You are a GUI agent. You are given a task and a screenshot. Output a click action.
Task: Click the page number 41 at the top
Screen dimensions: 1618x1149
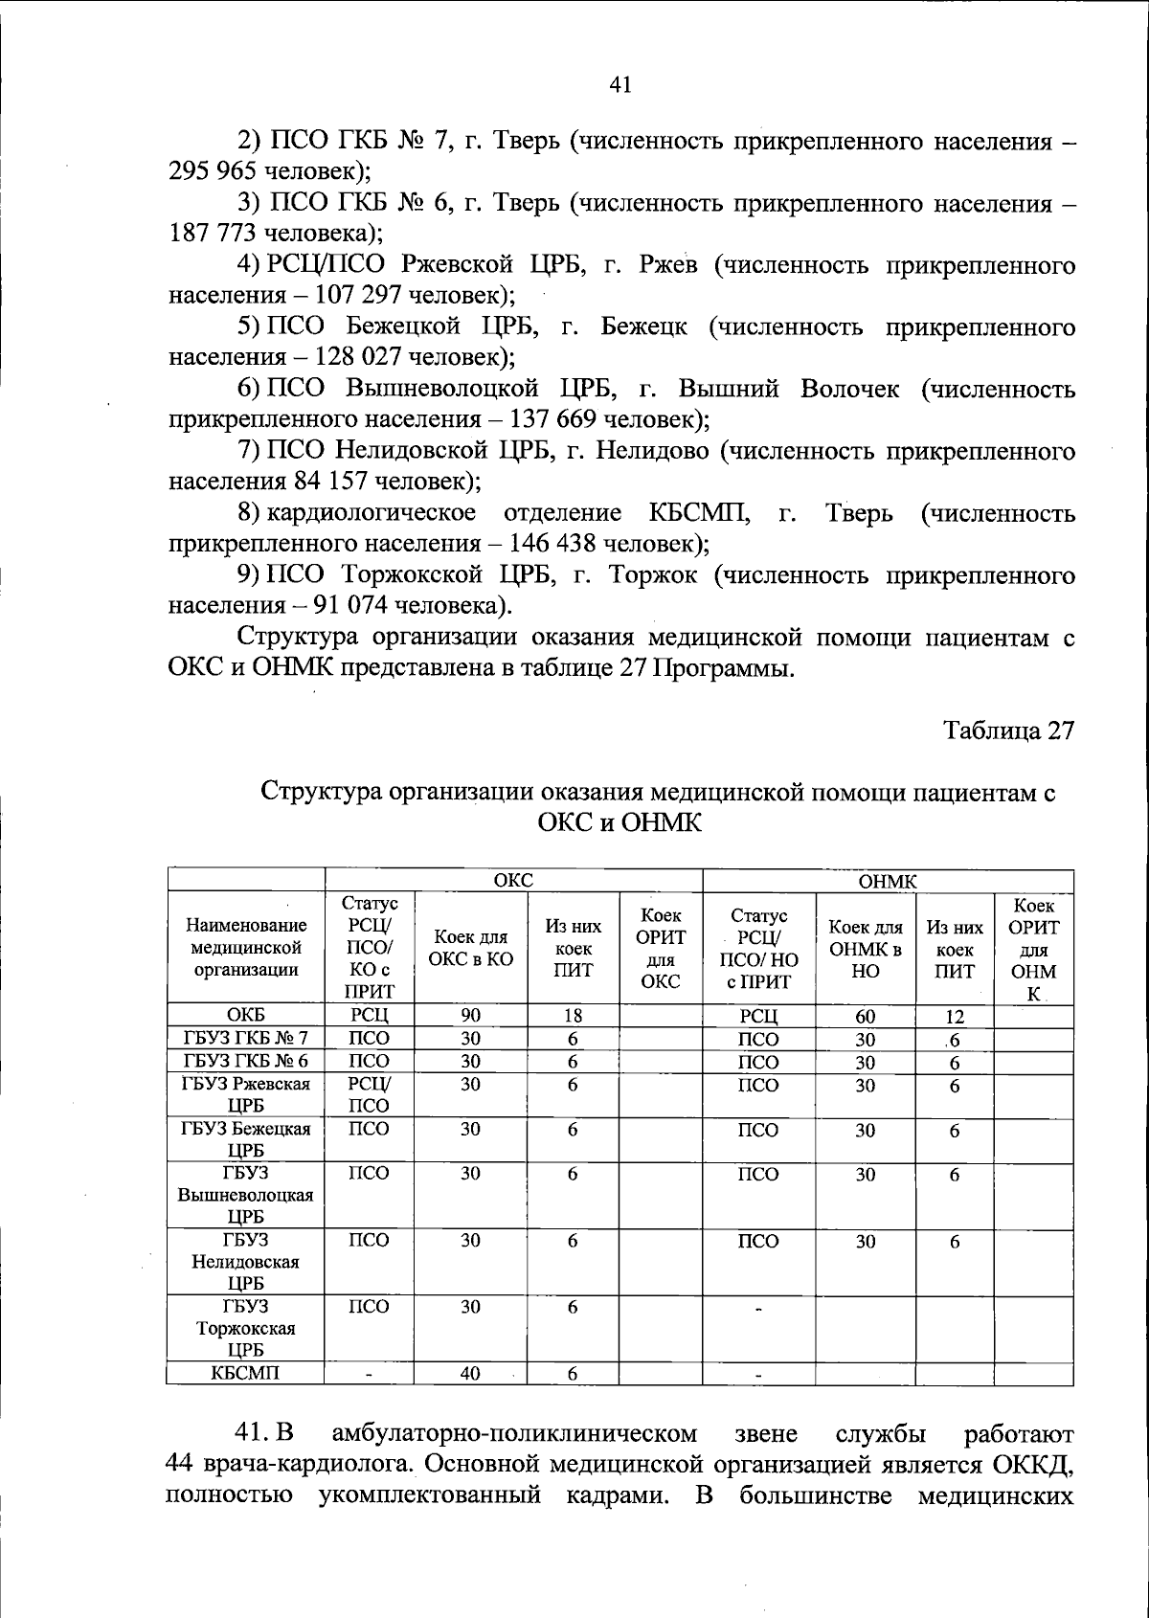tap(620, 85)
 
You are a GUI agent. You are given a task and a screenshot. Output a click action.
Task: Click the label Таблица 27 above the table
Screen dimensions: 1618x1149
tap(1008, 730)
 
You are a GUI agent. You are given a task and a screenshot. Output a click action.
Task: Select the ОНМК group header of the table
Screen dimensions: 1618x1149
tap(888, 881)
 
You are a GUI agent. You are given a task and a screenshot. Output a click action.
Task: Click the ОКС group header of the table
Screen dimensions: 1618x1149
tap(513, 881)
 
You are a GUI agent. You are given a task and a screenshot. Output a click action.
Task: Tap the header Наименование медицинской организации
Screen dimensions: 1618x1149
tap(246, 948)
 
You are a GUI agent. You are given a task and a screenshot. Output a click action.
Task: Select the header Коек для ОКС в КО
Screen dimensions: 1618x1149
tap(470, 948)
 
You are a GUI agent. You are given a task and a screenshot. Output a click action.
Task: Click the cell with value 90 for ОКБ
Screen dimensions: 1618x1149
tap(470, 1016)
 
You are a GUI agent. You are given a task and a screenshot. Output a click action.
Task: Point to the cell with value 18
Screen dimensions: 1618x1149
tap(573, 1016)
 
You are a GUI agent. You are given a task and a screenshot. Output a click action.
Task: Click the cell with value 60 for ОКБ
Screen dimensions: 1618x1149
tap(865, 1017)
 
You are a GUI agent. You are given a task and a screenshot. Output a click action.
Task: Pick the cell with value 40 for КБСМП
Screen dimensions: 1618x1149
tap(470, 1374)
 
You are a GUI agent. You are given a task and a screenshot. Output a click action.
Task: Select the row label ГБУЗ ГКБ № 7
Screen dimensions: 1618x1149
tap(246, 1039)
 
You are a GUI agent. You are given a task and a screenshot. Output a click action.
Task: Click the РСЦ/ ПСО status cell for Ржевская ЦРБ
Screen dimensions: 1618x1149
tap(369, 1095)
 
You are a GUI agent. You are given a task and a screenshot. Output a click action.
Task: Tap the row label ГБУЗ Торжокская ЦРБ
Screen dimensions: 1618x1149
tap(246, 1329)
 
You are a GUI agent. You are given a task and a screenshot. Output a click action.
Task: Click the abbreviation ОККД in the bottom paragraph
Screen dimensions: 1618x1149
tap(1037, 1466)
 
